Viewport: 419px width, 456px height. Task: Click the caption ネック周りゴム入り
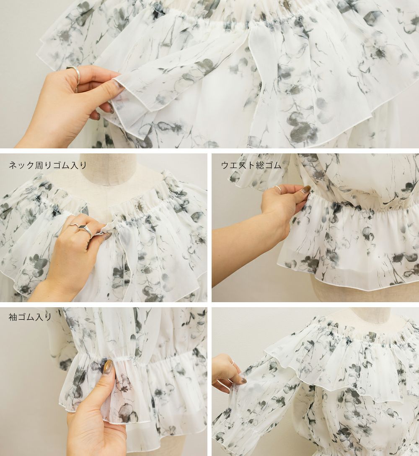(48, 165)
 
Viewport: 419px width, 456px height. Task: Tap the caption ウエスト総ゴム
(251, 165)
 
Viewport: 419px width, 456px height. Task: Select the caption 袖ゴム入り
(30, 317)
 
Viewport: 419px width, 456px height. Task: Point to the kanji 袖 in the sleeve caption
(13, 317)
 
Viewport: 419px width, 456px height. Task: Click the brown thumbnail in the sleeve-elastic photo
(108, 366)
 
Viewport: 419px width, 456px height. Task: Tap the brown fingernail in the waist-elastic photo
(306, 190)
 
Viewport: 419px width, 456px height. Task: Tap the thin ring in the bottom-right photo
(233, 363)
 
